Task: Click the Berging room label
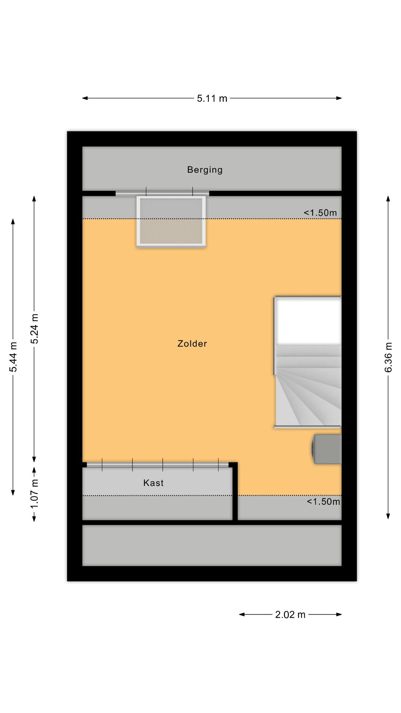pyautogui.click(x=205, y=170)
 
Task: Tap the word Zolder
pyautogui.click(x=192, y=344)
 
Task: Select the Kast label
pyautogui.click(x=153, y=483)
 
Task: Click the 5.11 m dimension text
pyautogui.click(x=212, y=98)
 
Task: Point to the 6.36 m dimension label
pyautogui.click(x=388, y=357)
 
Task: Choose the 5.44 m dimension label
pyautogui.click(x=13, y=357)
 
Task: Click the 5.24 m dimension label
pyautogui.click(x=35, y=329)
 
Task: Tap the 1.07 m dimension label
pyautogui.click(x=35, y=494)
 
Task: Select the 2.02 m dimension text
pyautogui.click(x=290, y=615)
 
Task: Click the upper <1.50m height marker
pyautogui.click(x=320, y=213)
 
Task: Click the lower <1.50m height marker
pyautogui.click(x=323, y=502)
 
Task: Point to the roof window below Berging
pyautogui.click(x=171, y=222)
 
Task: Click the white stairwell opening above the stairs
pyautogui.click(x=308, y=321)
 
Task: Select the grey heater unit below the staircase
pyautogui.click(x=327, y=449)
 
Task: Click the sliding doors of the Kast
pyautogui.click(x=158, y=465)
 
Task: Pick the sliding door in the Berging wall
pyautogui.click(x=162, y=193)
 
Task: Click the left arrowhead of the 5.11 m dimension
pyautogui.click(x=85, y=98)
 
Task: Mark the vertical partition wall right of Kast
pyautogui.click(x=235, y=492)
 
